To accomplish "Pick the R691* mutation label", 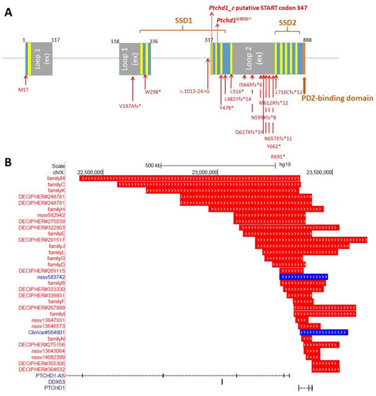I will (x=278, y=156).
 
